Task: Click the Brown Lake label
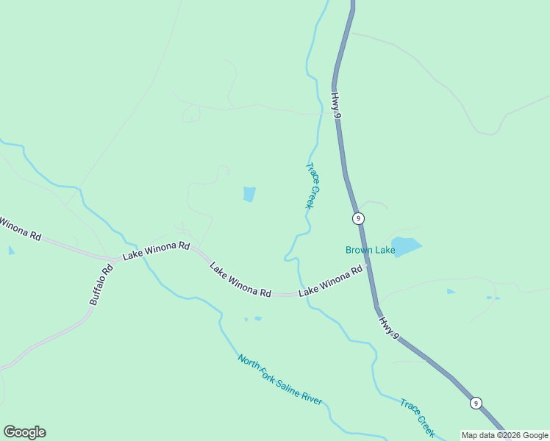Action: (371, 251)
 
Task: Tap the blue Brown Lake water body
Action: (406, 245)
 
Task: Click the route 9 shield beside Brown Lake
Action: (358, 218)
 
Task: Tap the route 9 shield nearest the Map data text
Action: (476, 403)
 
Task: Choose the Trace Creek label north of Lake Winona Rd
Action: (312, 185)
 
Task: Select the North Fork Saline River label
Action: (279, 379)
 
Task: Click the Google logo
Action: (24, 432)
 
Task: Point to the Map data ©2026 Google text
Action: (504, 435)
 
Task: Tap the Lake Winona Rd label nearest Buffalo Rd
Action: (157, 251)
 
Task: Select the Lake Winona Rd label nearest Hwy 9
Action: (330, 282)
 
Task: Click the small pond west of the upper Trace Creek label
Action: (249, 194)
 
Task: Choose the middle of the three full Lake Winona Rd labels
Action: (240, 280)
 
